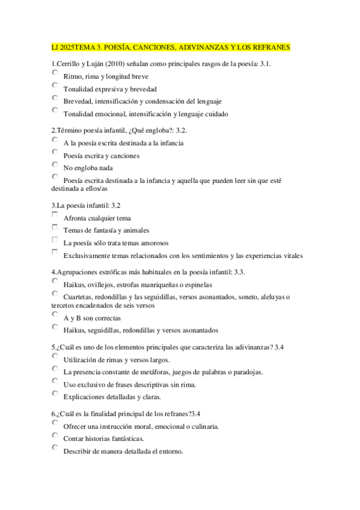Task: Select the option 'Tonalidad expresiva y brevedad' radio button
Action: (55, 85)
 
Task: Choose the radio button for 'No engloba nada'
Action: (55, 164)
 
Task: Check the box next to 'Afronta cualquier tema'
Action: (55, 215)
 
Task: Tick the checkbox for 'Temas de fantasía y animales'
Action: (55, 227)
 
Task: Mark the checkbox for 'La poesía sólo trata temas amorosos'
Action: (55, 240)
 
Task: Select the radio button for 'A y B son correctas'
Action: (55, 315)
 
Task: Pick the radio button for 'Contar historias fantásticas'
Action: (55, 435)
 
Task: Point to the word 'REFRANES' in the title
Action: (269, 47)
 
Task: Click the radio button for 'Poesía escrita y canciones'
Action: (55, 152)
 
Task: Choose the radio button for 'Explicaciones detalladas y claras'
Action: (55, 394)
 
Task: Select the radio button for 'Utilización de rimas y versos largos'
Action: (55, 357)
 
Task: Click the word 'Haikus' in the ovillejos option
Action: (74, 285)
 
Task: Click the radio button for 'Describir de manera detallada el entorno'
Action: (55, 448)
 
